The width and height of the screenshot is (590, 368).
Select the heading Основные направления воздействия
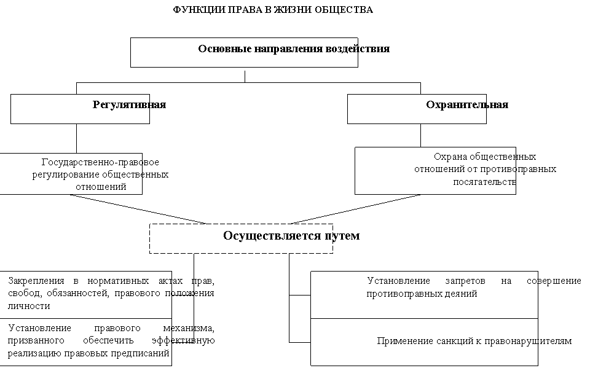tap(294, 49)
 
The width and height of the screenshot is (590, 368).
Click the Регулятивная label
tap(129, 104)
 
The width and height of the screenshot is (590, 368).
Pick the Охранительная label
tap(467, 104)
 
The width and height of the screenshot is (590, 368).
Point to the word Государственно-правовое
tap(100, 162)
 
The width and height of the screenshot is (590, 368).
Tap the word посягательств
tap(484, 182)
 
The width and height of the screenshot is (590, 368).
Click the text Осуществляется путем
tap(291, 235)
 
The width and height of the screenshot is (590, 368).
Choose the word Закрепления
tap(36, 281)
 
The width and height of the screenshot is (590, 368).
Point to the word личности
tap(29, 305)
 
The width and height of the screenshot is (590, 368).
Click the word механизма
tap(189, 328)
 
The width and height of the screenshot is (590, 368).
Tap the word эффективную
tap(183, 340)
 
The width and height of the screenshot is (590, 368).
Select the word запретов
tap(465, 281)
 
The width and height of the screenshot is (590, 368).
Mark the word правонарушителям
tap(528, 341)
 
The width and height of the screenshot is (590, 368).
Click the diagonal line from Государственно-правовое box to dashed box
tap(138, 209)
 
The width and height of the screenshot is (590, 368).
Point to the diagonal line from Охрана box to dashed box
tap(356, 209)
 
